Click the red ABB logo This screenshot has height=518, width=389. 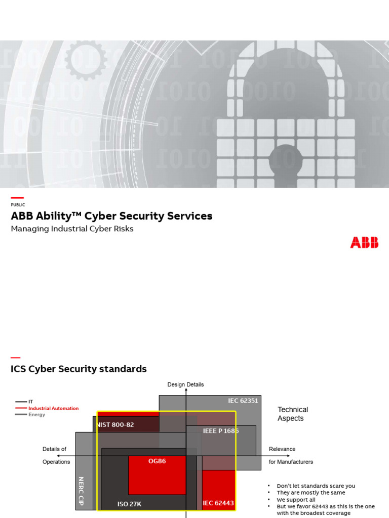(364, 243)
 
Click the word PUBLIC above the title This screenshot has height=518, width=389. (18, 205)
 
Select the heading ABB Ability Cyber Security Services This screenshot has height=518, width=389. (111, 217)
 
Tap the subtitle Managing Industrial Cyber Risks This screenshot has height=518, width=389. (72, 229)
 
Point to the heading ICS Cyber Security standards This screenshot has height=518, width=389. (79, 369)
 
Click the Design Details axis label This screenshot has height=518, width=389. (185, 384)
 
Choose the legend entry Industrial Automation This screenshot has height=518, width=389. (53, 408)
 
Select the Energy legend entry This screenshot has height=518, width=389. (36, 415)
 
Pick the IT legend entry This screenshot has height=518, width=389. (30, 402)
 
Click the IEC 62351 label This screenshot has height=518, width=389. (243, 401)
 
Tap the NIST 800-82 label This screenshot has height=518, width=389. (115, 425)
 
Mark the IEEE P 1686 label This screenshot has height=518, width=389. (220, 431)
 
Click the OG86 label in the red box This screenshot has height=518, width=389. (157, 461)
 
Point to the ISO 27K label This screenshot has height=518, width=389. (130, 504)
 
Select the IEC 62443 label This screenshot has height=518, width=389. (218, 503)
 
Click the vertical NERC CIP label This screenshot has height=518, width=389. (81, 491)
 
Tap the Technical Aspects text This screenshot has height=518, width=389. (292, 414)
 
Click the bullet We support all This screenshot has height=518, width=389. (296, 500)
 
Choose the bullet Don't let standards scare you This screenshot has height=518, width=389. (316, 486)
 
